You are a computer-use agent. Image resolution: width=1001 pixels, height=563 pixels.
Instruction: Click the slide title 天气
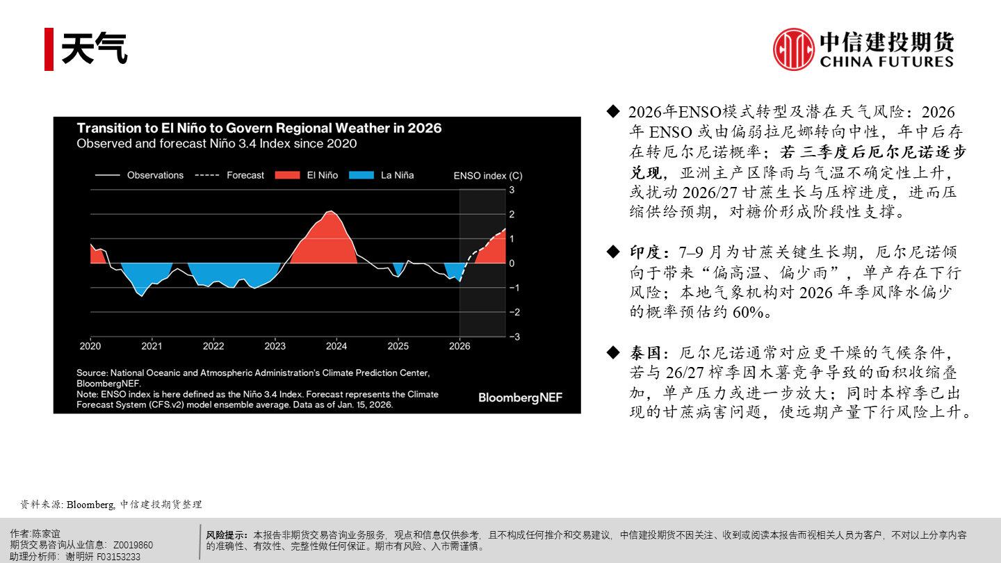[95, 49]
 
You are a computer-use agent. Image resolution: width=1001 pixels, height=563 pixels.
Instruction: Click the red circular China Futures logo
[793, 49]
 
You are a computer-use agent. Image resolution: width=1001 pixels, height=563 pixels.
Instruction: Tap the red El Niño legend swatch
[288, 175]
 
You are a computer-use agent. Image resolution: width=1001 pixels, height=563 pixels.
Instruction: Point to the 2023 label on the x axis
[275, 345]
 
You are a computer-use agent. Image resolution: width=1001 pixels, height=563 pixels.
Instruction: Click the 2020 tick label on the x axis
[90, 345]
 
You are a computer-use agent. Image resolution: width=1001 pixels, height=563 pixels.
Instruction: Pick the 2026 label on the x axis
[459, 345]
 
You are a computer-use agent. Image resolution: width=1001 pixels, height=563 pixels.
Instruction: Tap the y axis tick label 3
[512, 190]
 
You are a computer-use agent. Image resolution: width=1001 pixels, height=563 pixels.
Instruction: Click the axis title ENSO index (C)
[487, 176]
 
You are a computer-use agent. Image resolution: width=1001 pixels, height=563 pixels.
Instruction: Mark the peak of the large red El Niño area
[332, 211]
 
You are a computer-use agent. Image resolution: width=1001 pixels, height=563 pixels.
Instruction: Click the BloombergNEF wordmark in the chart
[520, 398]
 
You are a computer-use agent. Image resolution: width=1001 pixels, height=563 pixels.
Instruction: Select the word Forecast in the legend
[245, 175]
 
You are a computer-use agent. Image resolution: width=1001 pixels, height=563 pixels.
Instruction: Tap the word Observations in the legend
[155, 175]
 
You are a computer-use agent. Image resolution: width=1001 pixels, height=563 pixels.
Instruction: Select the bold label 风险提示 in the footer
[227, 535]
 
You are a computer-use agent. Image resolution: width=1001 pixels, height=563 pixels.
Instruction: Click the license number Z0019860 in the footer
[133, 546]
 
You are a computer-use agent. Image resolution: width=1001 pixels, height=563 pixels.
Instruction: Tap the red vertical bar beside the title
[49, 49]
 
